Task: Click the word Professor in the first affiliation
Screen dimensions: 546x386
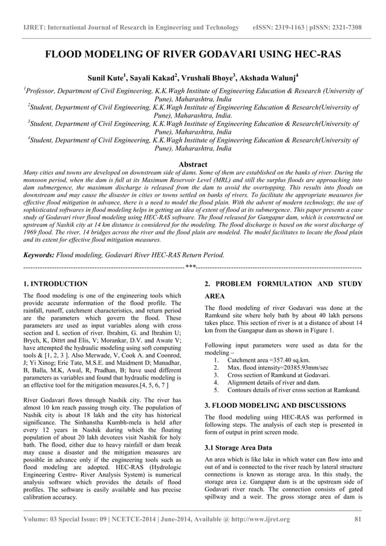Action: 42,90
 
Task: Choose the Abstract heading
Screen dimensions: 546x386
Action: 193,165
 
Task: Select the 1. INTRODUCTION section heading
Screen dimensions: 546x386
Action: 55,283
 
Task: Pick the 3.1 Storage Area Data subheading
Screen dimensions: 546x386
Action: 238,447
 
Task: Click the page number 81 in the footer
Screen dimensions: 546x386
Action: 358,519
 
